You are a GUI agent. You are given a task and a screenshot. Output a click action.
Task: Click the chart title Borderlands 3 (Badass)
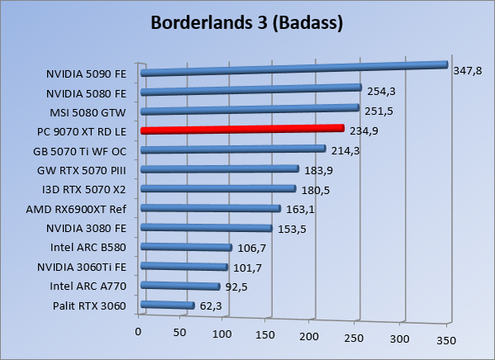[247, 22]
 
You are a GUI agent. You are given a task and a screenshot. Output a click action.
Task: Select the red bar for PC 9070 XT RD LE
[243, 130]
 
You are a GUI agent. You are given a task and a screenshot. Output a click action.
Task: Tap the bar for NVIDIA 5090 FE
[293, 69]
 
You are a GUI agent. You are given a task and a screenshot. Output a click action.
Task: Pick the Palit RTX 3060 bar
[167, 306]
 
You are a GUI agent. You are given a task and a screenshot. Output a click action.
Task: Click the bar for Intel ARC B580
[186, 247]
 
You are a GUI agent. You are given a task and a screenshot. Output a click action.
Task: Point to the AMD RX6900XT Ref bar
[211, 209]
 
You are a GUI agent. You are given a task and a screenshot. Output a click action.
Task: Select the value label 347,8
[468, 71]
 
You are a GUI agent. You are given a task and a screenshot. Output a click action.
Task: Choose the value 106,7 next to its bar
[252, 247]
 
